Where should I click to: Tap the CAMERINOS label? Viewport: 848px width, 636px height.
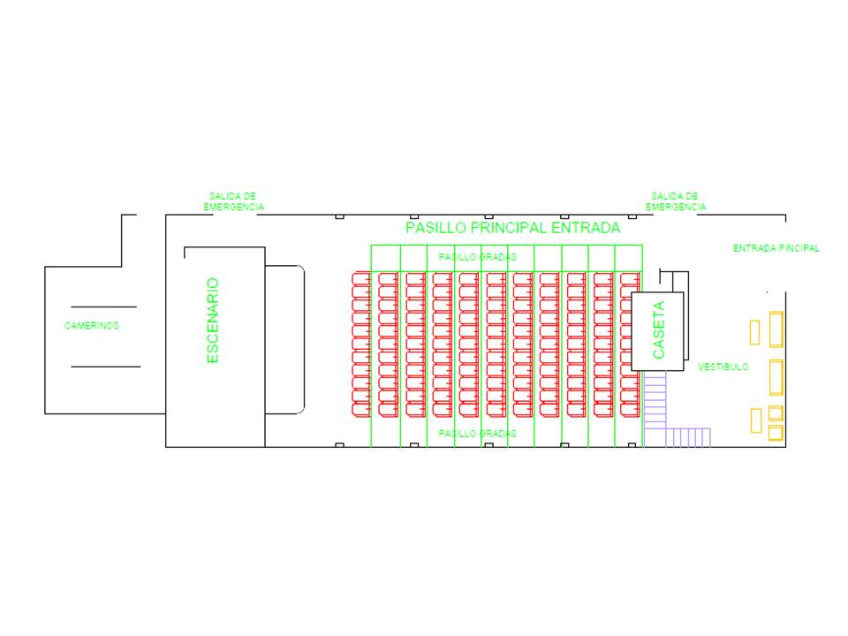[x=92, y=326]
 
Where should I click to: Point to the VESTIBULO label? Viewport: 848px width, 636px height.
[x=723, y=367]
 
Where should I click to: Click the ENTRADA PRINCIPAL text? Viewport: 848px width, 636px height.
[x=776, y=249]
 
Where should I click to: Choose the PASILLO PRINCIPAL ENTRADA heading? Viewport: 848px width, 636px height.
[x=512, y=228]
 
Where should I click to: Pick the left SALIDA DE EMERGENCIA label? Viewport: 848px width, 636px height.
[x=233, y=201]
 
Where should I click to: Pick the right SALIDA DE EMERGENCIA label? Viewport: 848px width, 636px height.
[x=675, y=201]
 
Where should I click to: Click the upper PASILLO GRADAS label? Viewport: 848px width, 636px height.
[x=477, y=256]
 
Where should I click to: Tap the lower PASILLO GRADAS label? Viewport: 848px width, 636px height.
[x=477, y=434]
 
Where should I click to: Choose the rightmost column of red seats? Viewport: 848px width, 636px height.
[x=629, y=344]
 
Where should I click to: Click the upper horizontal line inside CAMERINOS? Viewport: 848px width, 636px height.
[x=104, y=307]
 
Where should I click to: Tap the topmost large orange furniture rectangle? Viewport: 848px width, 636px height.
[x=776, y=330]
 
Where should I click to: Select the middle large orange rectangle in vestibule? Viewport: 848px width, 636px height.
[x=776, y=376]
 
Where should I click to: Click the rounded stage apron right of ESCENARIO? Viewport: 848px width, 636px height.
[x=285, y=339]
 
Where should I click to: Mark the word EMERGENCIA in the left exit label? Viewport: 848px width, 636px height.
[x=233, y=207]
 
